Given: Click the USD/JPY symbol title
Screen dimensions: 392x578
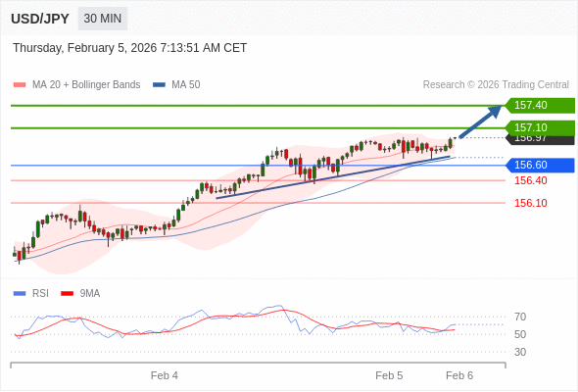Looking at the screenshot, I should tap(40, 19).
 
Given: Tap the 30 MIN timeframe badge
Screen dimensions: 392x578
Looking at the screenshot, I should tap(103, 19).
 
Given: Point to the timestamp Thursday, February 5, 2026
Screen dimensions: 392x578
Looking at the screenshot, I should tap(130, 48).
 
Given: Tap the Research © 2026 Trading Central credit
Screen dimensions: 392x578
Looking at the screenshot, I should tap(496, 85).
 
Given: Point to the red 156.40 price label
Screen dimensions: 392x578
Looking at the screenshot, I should tap(530, 180).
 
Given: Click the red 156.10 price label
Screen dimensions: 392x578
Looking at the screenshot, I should tap(530, 203).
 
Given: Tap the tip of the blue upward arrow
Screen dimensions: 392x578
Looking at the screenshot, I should tap(501, 107).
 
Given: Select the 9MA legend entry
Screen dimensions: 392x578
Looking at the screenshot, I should tap(89, 293).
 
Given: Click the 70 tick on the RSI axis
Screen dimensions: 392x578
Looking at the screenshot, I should tap(520, 317).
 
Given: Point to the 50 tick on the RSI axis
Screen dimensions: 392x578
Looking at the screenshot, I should tap(520, 334).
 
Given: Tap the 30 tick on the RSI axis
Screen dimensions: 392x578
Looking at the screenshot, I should tap(520, 352).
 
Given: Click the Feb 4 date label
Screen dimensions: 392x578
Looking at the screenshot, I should tap(165, 375).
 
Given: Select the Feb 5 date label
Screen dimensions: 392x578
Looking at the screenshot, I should tap(389, 375).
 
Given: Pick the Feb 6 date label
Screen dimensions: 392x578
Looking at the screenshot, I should tap(459, 375).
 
